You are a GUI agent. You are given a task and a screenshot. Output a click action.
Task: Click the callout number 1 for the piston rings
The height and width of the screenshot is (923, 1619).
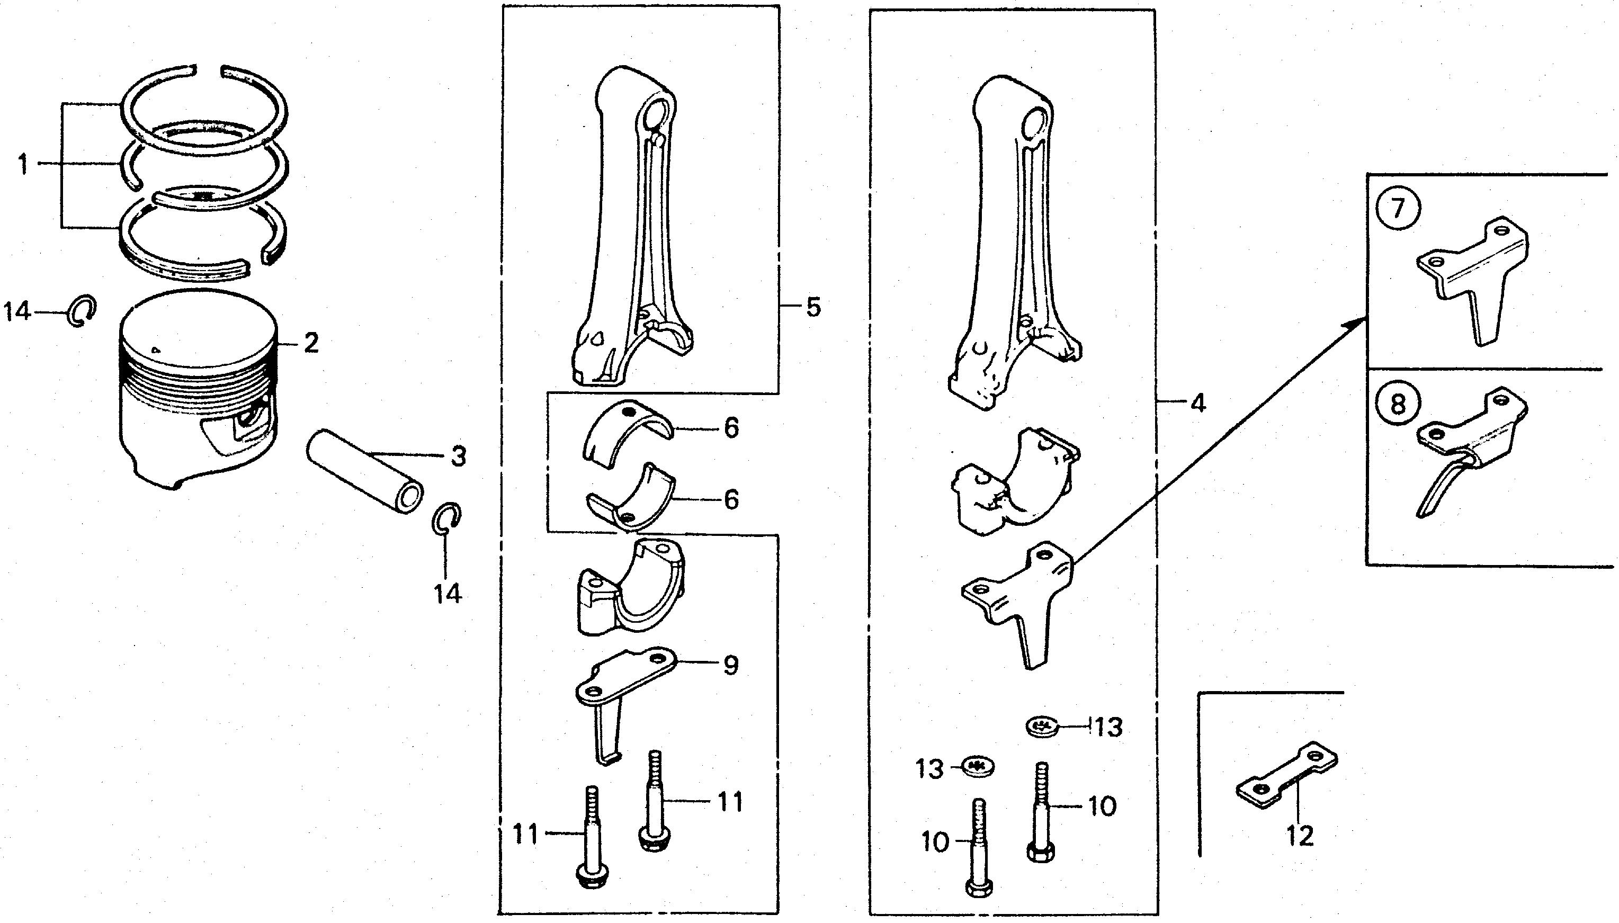(24, 165)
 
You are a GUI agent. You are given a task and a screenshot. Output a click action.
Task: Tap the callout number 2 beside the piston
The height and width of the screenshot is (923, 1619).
(311, 343)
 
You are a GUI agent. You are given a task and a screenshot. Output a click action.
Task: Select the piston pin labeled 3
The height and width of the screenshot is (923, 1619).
(364, 472)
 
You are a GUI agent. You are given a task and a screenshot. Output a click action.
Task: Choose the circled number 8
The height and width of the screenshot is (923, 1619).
(1397, 404)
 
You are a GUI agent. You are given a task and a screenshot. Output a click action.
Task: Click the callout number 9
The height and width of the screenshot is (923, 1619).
(731, 665)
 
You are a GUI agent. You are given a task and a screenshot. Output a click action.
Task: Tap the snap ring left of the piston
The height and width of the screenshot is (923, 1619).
(81, 311)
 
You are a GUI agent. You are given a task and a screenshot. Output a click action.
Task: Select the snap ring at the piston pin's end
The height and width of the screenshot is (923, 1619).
(446, 518)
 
